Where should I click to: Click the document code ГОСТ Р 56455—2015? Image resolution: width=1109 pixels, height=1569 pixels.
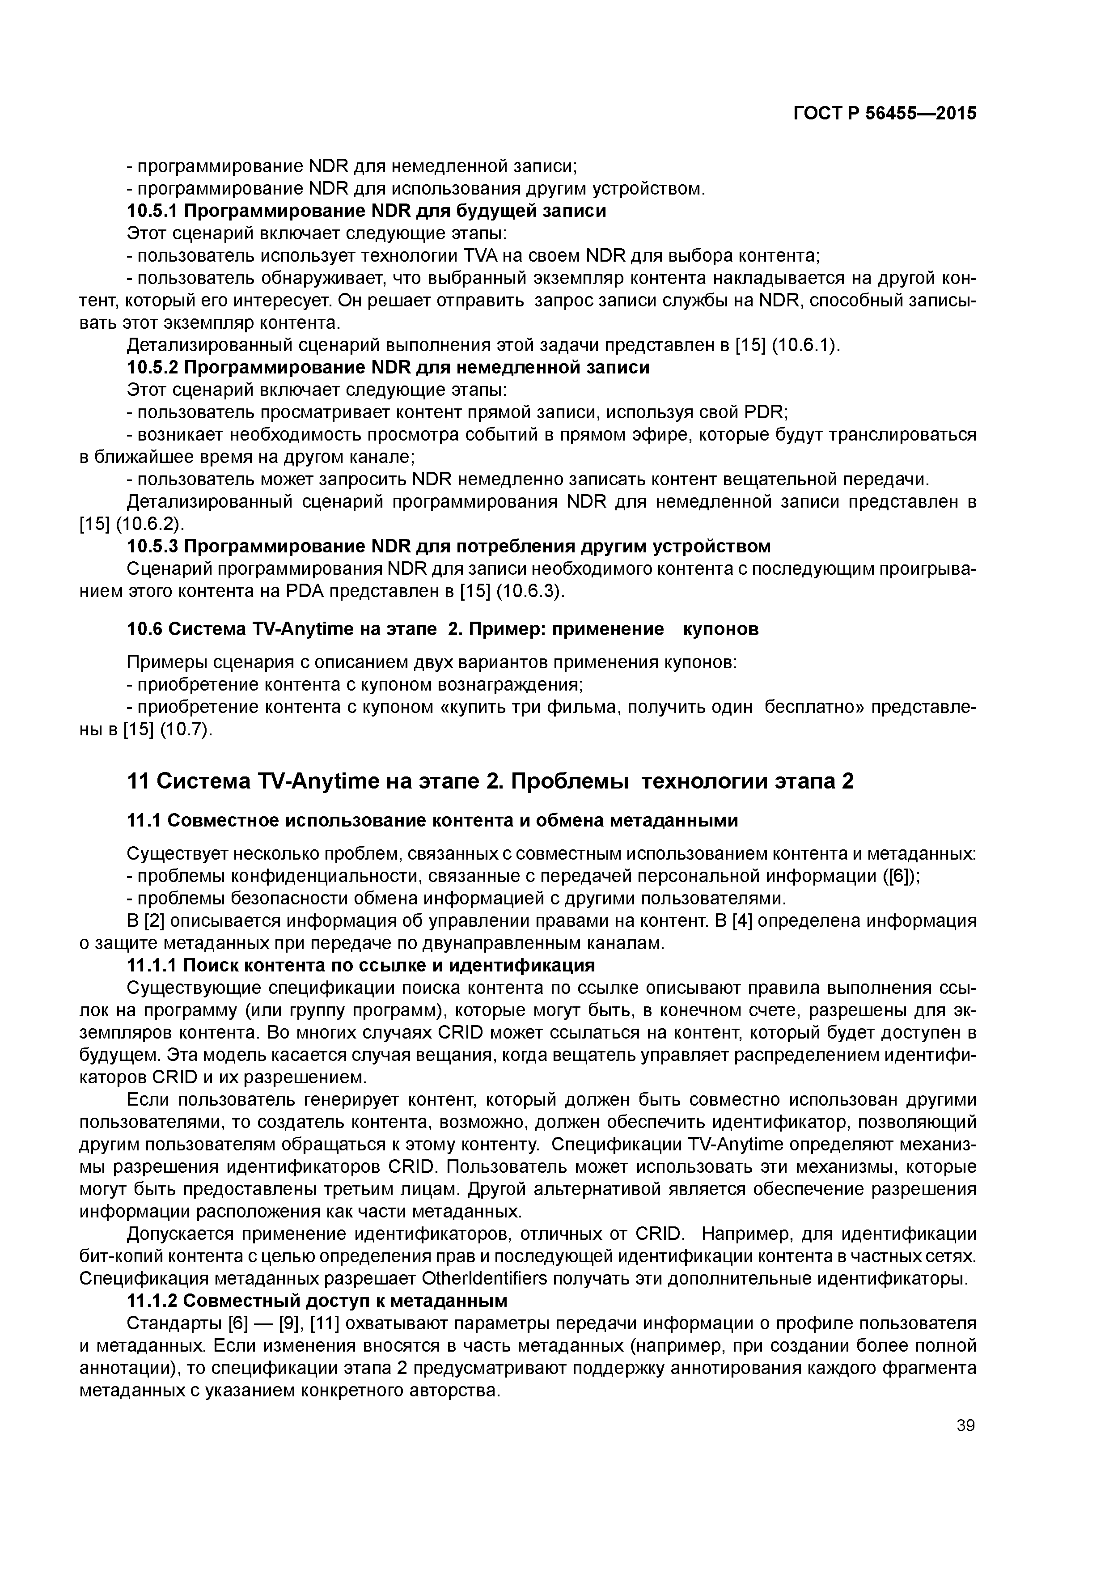[885, 114]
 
